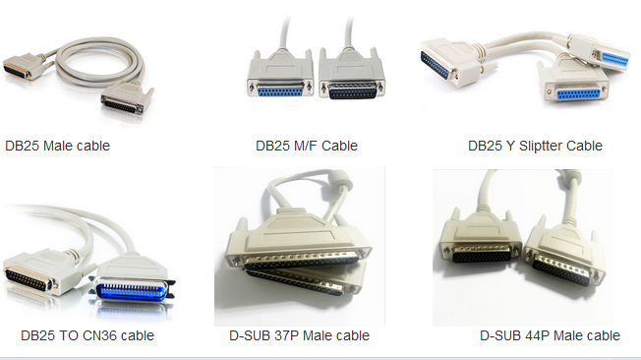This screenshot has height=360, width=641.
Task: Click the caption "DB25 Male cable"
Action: (x=58, y=146)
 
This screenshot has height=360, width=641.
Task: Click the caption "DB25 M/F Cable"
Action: (x=307, y=146)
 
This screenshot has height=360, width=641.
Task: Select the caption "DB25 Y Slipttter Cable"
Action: (x=535, y=146)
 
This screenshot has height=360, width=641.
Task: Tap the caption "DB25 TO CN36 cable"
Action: (x=87, y=335)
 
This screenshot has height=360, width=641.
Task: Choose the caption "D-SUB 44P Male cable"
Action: (x=550, y=335)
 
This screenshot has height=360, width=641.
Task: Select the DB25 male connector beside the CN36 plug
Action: (x=42, y=276)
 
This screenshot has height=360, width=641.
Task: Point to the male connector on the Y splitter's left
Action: (x=446, y=65)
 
